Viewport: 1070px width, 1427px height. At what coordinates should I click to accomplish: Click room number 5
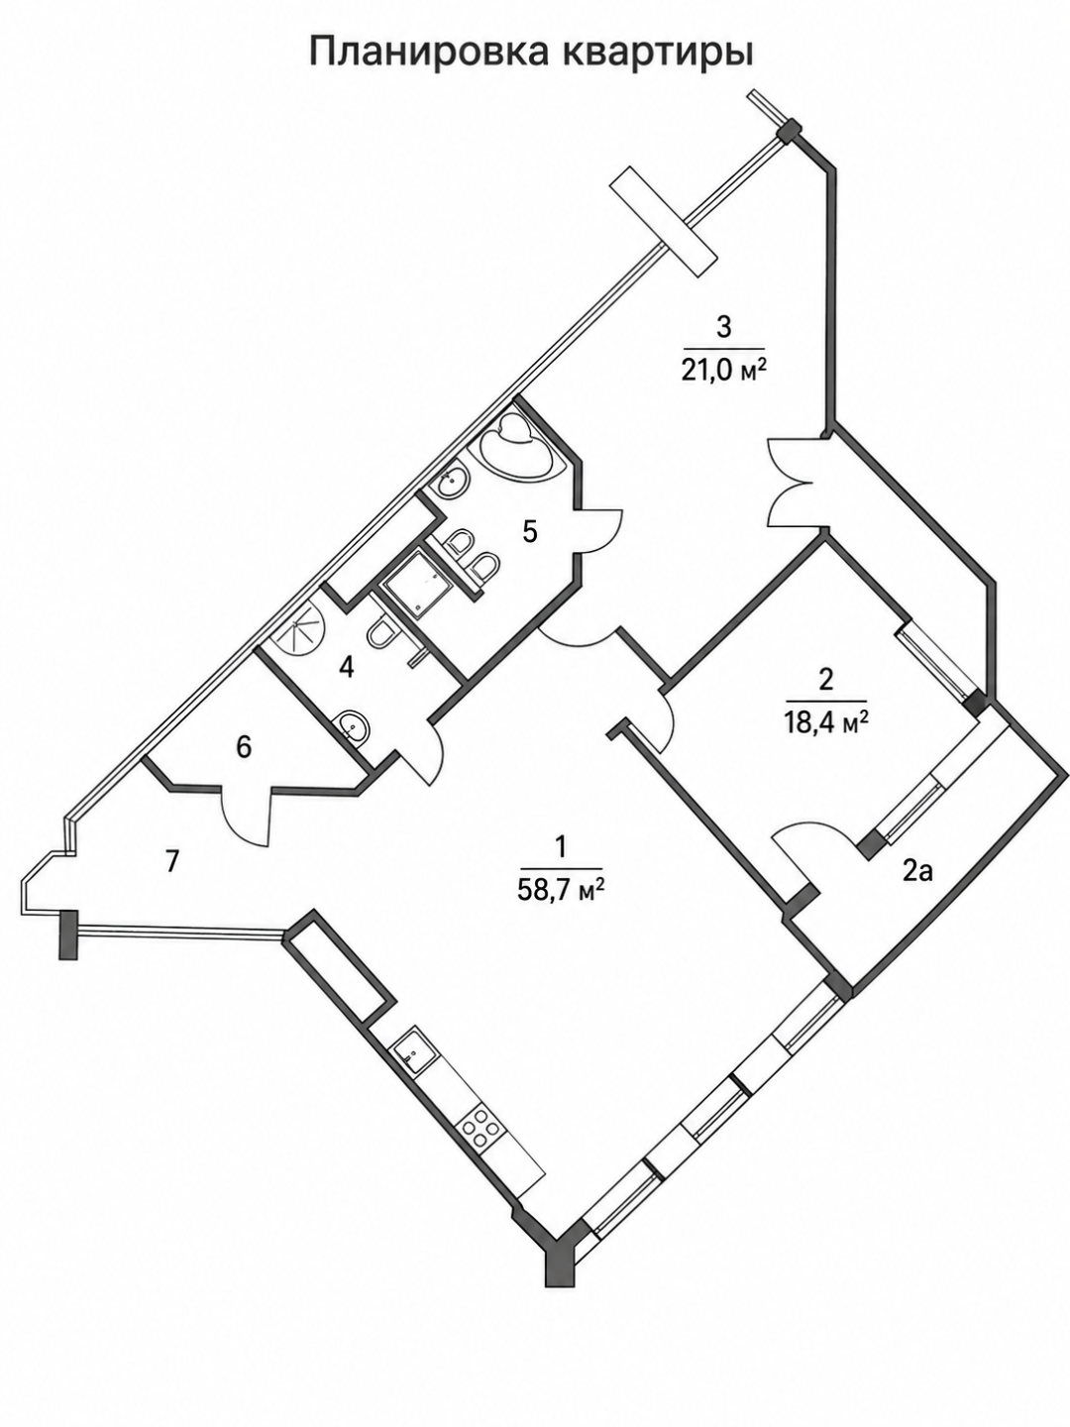coord(530,532)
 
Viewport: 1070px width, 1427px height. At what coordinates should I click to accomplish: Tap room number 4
coord(347,668)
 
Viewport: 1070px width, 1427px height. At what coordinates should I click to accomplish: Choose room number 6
coord(244,748)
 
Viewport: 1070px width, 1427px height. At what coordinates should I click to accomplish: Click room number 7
coord(170,862)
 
